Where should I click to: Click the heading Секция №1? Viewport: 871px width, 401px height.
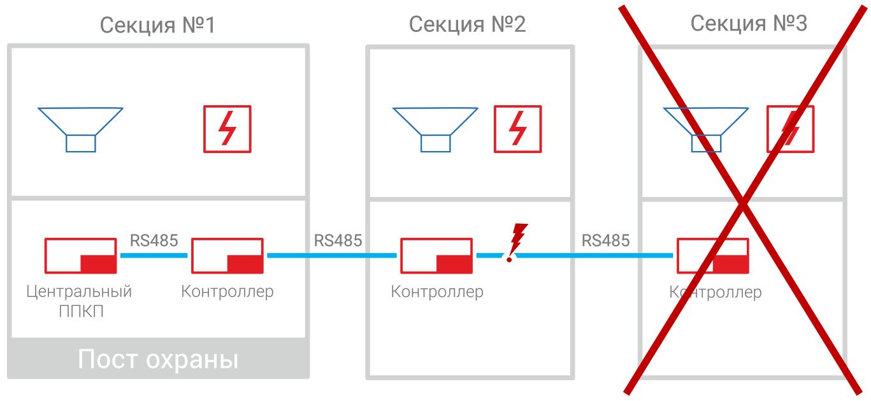(158, 26)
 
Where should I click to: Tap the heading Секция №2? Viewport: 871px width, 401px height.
(468, 25)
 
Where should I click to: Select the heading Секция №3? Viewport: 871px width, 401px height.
(749, 24)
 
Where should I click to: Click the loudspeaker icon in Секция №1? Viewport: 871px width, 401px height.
(80, 128)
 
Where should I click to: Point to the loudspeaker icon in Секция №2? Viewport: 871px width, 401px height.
(435, 128)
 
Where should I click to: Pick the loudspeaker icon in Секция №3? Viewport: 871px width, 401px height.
(706, 128)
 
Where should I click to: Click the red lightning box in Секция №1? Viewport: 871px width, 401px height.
(227, 129)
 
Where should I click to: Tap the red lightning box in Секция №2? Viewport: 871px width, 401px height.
(518, 129)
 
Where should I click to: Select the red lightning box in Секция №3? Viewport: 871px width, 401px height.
(790, 129)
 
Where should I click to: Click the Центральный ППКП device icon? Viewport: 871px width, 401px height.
(80, 255)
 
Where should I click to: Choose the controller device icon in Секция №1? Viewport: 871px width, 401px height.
(227, 255)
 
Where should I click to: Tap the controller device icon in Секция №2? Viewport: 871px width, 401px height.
(436, 255)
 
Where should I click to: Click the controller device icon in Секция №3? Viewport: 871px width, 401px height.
(712, 255)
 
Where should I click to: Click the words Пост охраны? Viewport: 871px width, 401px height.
(158, 360)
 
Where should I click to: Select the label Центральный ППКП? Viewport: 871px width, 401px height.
(80, 301)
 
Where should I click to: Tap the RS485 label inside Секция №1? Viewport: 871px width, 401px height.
(154, 240)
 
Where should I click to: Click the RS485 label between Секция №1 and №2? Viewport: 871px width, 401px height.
(338, 240)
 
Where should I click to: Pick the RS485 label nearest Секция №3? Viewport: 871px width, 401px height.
(605, 240)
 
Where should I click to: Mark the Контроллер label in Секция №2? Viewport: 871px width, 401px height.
(437, 292)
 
